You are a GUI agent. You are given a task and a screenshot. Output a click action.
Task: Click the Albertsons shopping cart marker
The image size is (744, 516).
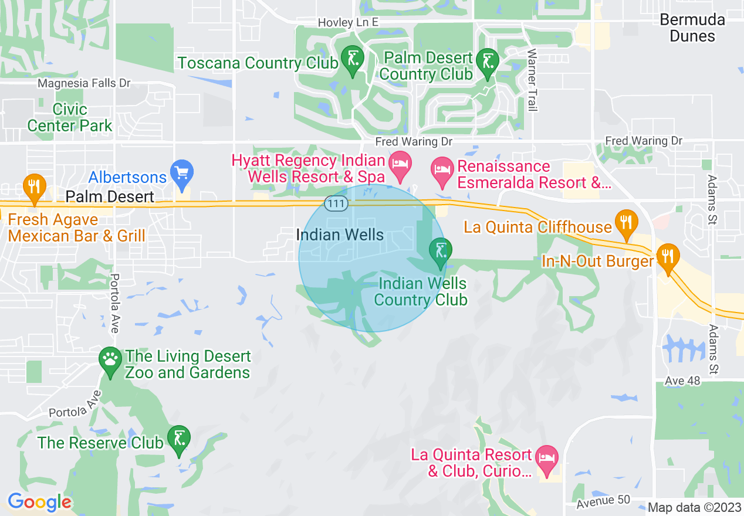click(182, 172)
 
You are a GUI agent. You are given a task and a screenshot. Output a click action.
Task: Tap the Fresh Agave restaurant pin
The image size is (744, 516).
click(35, 185)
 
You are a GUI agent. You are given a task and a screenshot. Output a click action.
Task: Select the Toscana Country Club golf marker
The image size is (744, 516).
click(352, 60)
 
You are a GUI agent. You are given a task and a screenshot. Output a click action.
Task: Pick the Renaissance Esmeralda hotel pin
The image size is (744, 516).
click(441, 169)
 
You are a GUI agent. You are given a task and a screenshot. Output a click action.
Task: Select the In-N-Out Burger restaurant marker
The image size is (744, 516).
click(667, 257)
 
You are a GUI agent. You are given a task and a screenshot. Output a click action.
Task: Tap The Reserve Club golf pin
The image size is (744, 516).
click(179, 440)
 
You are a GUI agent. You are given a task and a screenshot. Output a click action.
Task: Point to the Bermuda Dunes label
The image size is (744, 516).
click(692, 28)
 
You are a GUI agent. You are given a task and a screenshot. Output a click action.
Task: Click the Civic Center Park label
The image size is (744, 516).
click(70, 117)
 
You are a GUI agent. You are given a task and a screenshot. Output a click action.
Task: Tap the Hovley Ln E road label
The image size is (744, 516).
click(349, 22)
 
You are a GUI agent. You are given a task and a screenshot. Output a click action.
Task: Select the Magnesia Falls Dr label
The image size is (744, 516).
click(84, 84)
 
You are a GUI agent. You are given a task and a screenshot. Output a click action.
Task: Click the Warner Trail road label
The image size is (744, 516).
click(532, 80)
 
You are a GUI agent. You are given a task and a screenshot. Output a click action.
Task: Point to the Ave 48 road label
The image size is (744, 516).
click(682, 381)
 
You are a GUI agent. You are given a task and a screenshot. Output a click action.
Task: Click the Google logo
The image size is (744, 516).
click(39, 502)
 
